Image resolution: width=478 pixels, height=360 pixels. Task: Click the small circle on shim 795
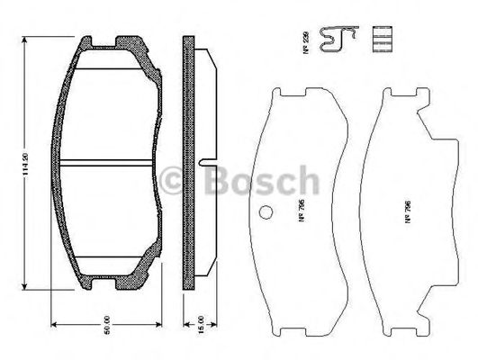[x=266, y=213]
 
